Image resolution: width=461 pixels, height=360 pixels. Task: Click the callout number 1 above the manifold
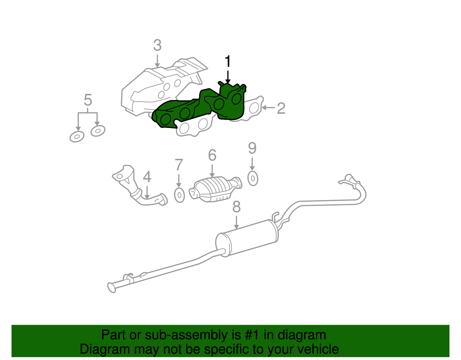coord(228,61)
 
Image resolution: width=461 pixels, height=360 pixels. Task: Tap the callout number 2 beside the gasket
coord(281,108)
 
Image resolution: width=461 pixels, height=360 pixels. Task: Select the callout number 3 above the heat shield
coord(157,46)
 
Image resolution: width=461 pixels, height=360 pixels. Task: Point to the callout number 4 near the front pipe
coord(147,177)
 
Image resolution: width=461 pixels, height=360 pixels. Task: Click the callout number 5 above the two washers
coord(88,100)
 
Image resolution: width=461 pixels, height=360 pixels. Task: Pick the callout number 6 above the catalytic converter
coord(212,155)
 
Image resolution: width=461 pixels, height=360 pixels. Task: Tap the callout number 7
coord(179,165)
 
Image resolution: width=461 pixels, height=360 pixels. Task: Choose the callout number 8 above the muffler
coord(236,207)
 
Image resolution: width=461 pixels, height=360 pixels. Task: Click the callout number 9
coord(252,148)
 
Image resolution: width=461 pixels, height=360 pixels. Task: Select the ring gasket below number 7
coord(180,195)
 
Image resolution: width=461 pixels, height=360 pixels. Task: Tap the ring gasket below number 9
coord(253,179)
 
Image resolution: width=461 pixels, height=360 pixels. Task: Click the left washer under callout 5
coord(77,137)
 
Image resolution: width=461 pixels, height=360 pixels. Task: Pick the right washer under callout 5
coord(98,131)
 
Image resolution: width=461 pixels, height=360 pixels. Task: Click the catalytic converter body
coord(215,189)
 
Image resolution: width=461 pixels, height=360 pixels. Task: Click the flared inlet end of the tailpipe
coord(112,287)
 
